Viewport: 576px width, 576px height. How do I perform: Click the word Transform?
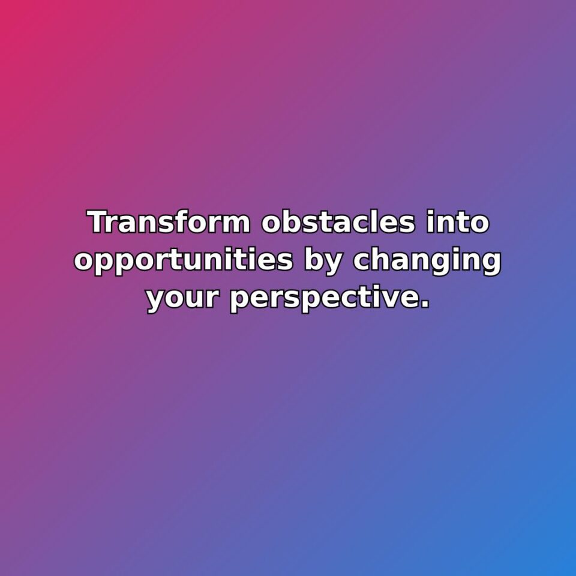pyautogui.click(x=169, y=223)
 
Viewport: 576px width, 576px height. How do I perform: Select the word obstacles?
pyautogui.click(x=338, y=223)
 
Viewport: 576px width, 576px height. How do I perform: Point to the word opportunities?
pyautogui.click(x=184, y=262)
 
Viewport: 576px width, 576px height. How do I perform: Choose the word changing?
pyautogui.click(x=427, y=262)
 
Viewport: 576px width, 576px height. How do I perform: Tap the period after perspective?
pyautogui.click(x=425, y=307)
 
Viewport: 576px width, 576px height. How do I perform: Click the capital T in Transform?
pyautogui.click(x=98, y=223)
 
